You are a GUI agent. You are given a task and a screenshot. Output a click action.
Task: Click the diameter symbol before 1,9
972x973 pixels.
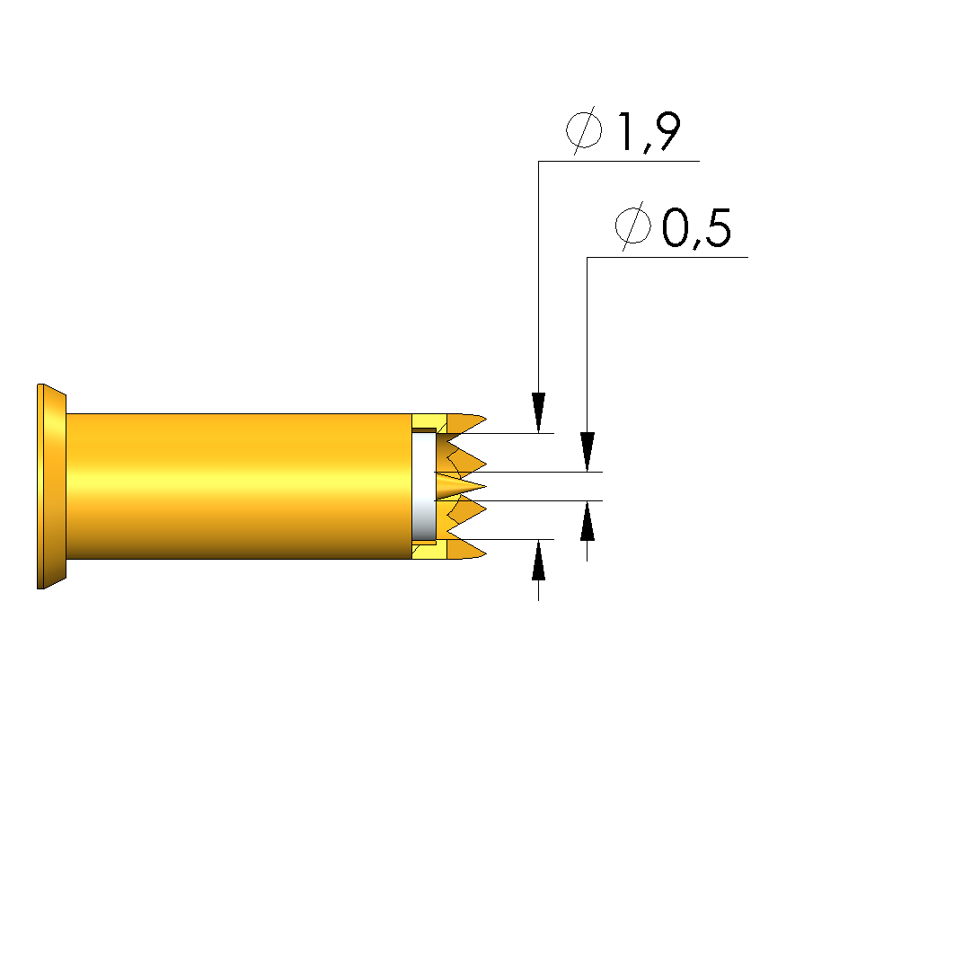[584, 130]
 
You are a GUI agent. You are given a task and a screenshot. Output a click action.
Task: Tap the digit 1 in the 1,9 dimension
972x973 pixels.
[625, 131]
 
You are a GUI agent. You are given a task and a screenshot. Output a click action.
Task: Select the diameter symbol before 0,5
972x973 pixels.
[633, 226]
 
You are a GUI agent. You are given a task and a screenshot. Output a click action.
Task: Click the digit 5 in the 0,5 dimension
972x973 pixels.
[718, 227]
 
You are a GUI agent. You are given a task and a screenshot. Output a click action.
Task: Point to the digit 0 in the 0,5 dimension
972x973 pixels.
[676, 227]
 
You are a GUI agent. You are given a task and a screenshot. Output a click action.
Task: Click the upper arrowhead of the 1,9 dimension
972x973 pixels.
[538, 412]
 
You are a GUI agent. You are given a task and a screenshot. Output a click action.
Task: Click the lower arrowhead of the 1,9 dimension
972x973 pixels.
[538, 560]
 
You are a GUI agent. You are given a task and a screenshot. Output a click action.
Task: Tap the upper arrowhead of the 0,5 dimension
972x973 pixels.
[588, 452]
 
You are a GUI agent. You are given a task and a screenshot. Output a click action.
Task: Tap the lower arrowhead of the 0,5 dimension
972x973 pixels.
[588, 520]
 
